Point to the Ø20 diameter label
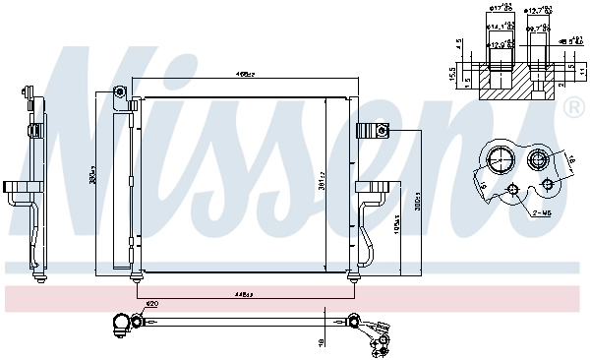click(x=150, y=303)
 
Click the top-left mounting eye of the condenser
click(x=119, y=93)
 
